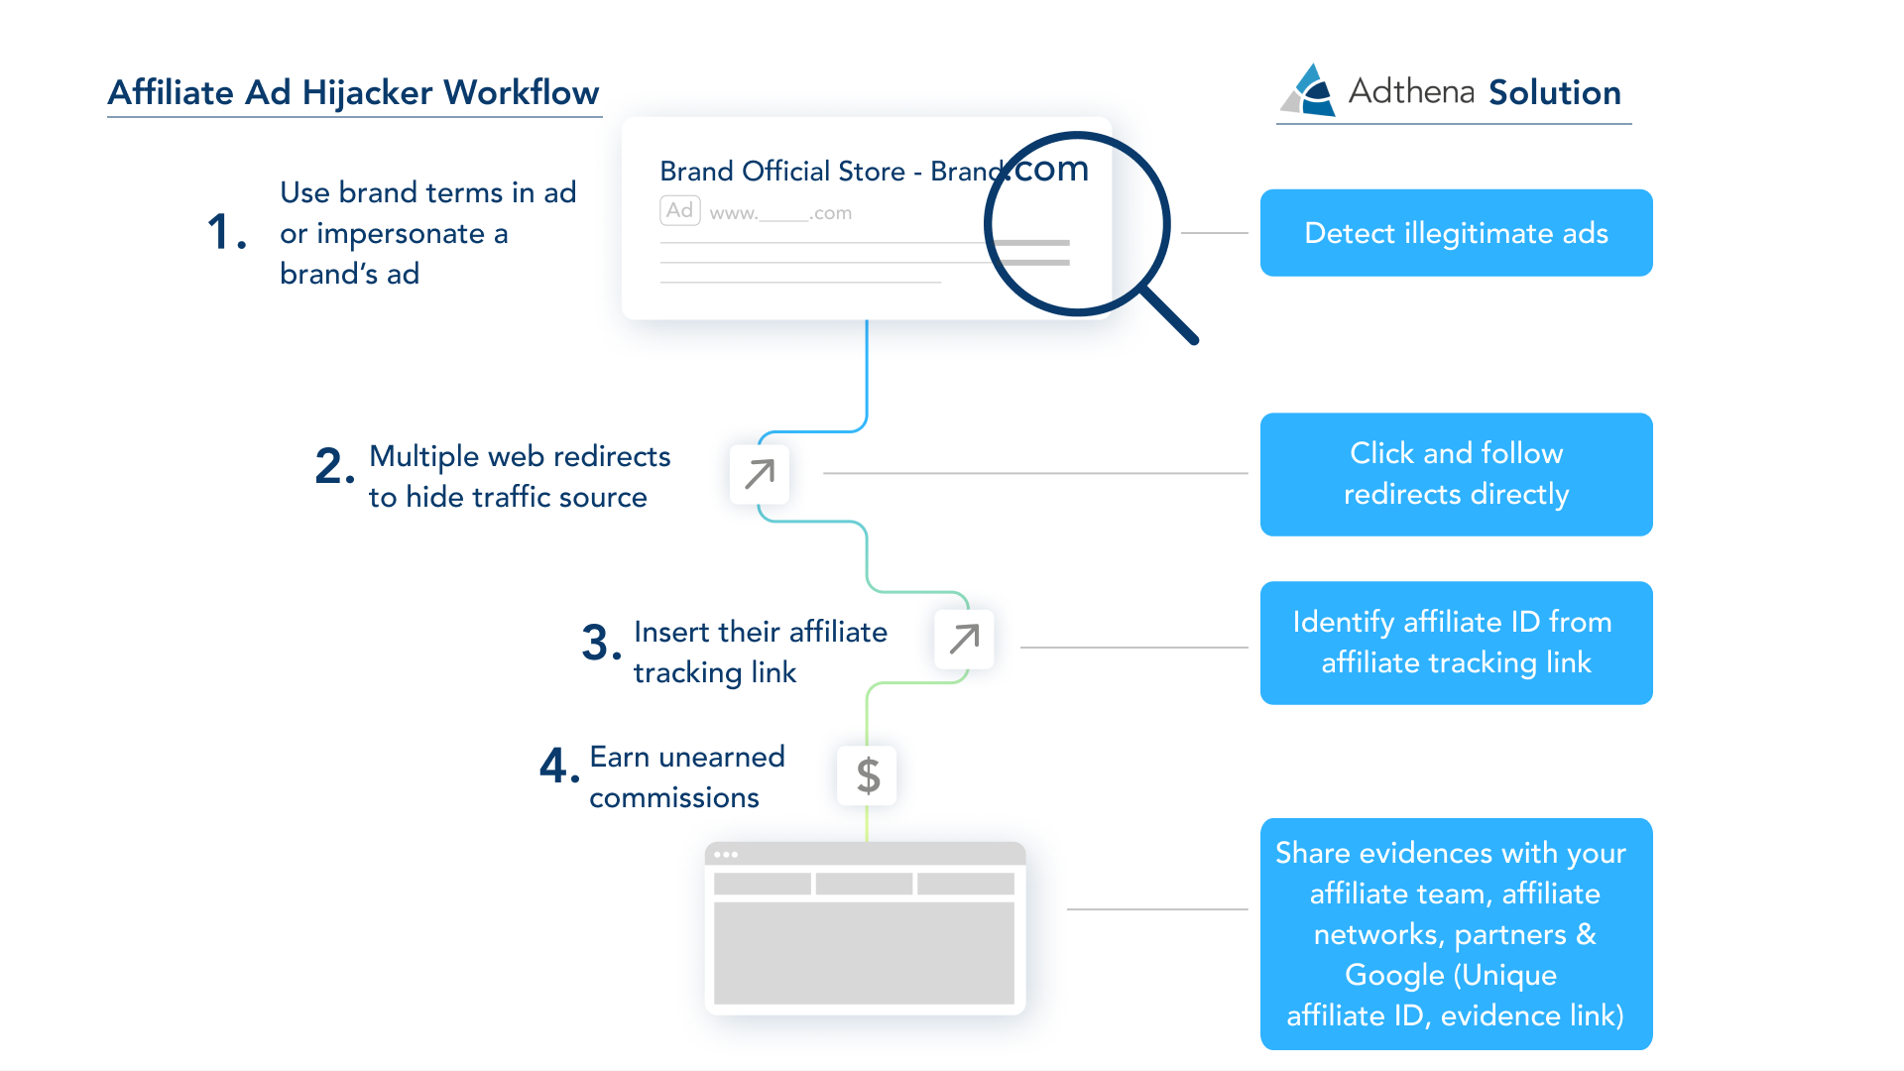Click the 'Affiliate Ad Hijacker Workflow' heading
[353, 92]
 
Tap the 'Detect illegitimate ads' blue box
[1456, 233]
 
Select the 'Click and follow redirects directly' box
[1456, 474]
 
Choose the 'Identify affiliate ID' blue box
[1456, 643]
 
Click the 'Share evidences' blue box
[1456, 933]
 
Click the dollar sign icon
[868, 775]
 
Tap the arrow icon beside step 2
[760, 474]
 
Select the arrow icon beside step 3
[964, 639]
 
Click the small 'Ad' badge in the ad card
[679, 210]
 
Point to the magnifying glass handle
[1170, 315]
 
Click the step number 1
[225, 233]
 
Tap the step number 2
[333, 466]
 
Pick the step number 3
[600, 643]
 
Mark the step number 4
[557, 767]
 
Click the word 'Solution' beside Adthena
[1554, 92]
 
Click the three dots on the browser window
[726, 855]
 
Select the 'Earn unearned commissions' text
[686, 776]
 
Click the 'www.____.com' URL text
[780, 213]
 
